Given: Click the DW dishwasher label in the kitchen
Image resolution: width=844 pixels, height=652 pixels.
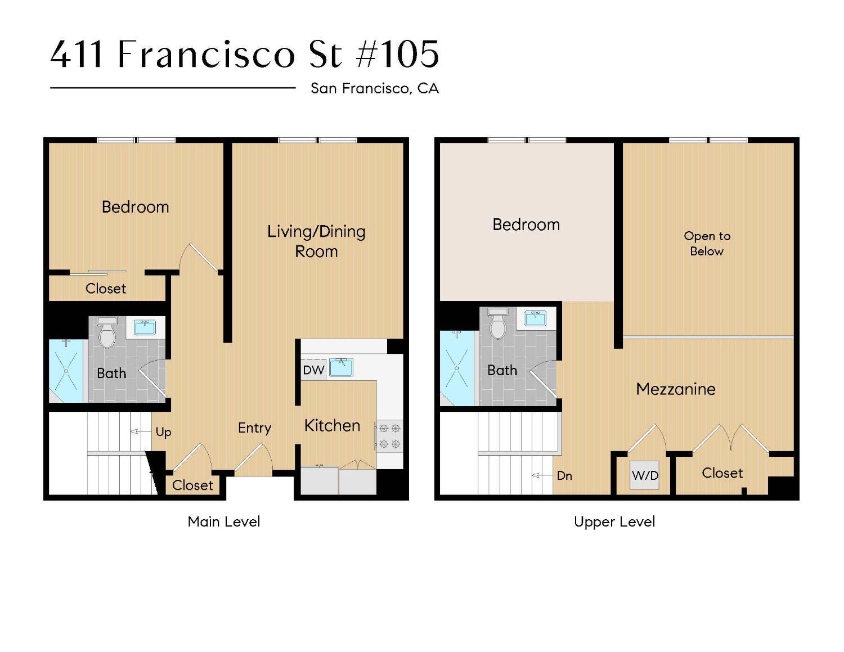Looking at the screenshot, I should coord(313,370).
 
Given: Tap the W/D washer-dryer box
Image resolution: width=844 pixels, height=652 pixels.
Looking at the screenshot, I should coord(645,475).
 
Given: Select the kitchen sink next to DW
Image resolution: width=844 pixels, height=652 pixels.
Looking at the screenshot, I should coord(341,367).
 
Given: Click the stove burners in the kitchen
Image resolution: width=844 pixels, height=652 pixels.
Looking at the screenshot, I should coord(389,436).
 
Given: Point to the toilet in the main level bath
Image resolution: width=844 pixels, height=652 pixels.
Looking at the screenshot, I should coord(107,332).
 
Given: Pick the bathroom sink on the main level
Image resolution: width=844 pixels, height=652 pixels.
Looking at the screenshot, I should coord(145,327).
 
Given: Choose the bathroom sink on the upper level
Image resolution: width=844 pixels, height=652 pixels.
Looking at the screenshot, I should coord(535,318).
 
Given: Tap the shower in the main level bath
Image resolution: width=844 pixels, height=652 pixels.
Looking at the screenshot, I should coord(66,371).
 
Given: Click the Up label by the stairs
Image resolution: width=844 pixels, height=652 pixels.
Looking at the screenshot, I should coord(163,432).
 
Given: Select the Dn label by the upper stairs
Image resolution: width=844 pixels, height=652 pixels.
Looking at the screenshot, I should coord(564,476).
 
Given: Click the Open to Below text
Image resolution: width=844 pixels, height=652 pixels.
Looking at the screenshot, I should coord(707,244).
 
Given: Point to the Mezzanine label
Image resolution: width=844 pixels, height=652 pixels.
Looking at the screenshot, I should coord(676,389).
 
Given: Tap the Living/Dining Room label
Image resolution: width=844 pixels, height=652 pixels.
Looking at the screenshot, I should coord(316,241).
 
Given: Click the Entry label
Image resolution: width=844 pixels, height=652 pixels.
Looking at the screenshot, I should coord(254,428).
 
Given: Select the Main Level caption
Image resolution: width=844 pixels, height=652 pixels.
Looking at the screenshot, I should coord(224,521).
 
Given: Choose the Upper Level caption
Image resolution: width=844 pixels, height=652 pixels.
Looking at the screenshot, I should coord(614,521).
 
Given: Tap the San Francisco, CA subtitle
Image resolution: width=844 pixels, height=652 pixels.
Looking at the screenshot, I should coord(375,88).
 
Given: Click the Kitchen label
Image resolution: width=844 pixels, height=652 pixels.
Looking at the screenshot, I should coord(332,426).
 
